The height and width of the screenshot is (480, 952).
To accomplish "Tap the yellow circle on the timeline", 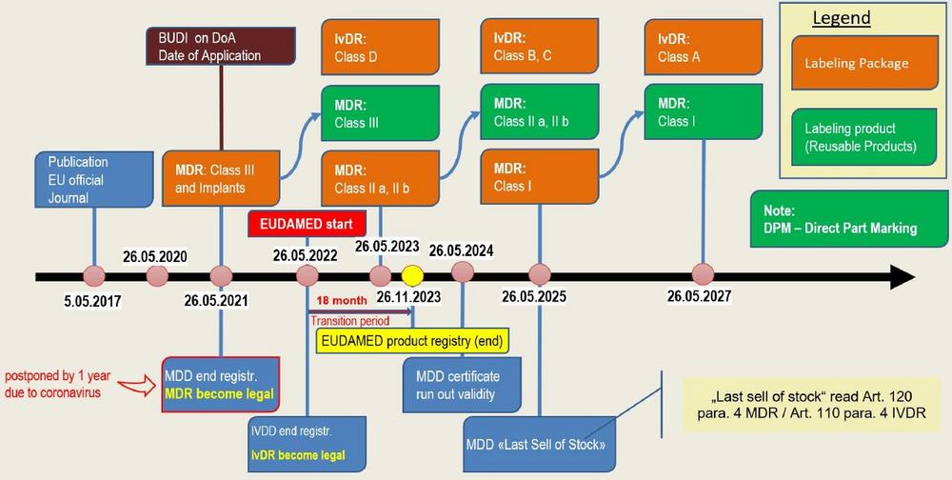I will coord(411,275).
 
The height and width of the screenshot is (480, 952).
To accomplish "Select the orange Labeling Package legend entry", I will coord(856,65).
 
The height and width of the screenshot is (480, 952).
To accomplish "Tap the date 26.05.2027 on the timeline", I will coord(699,296).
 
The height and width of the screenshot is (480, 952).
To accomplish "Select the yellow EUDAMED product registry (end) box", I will coord(410,339).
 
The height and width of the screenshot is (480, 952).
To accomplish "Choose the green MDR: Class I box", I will coord(703,113).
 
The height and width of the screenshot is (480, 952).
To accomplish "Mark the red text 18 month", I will coord(338,301).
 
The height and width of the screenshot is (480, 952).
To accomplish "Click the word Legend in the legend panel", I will coord(842,19).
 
